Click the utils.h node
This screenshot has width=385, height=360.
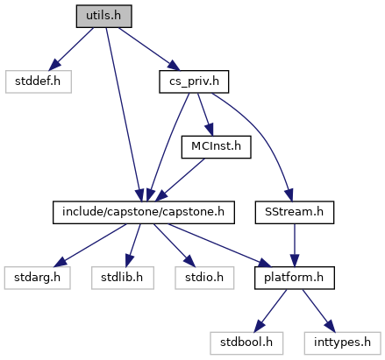[103, 16]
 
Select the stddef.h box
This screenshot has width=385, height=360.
[39, 81]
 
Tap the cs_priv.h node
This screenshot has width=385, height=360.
[194, 81]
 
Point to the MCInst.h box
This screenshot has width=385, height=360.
[216, 147]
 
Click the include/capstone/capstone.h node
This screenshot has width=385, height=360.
[144, 212]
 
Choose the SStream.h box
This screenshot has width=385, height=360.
[295, 212]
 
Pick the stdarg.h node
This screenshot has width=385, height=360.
[38, 278]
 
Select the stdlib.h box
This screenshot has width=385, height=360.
[123, 278]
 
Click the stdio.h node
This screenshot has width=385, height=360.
[204, 278]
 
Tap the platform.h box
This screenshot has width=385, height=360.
[295, 278]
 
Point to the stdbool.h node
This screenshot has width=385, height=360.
[246, 343]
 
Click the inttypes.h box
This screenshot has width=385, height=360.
[342, 343]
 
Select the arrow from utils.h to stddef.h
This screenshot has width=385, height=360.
[71, 49]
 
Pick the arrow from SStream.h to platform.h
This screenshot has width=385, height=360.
[295, 245]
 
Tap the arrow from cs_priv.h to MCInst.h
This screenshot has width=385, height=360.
[205, 115]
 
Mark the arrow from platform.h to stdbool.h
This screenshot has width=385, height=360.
[271, 311]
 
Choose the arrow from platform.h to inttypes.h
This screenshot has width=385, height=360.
[318, 311]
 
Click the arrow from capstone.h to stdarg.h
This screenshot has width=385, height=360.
[90, 245]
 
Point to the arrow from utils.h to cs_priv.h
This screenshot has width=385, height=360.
[149, 49]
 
